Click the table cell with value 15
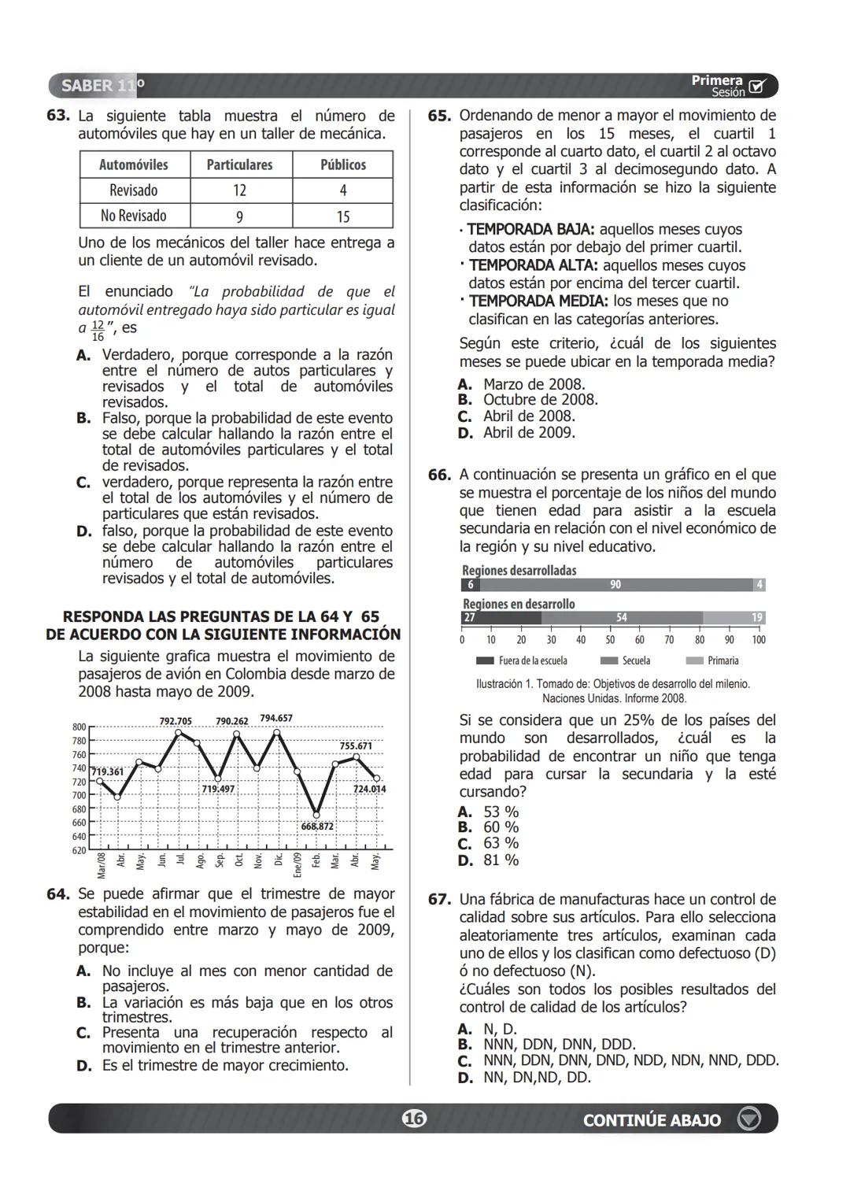tap(342, 216)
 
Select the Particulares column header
tap(239, 165)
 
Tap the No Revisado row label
tap(134, 216)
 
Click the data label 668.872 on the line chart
tap(317, 827)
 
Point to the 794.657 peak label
tap(276, 718)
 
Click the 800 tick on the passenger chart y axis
tap(79, 727)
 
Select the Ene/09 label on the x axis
tap(297, 864)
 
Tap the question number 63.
tap(57, 116)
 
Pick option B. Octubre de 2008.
tap(529, 400)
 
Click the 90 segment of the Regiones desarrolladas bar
tap(615, 584)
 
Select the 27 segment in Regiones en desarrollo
tap(501, 618)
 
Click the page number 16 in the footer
tap(414, 1119)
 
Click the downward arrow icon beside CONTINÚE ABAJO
tap(748, 1119)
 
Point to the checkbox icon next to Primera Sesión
tap(757, 86)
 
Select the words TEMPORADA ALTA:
tap(533, 266)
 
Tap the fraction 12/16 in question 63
tap(98, 331)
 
